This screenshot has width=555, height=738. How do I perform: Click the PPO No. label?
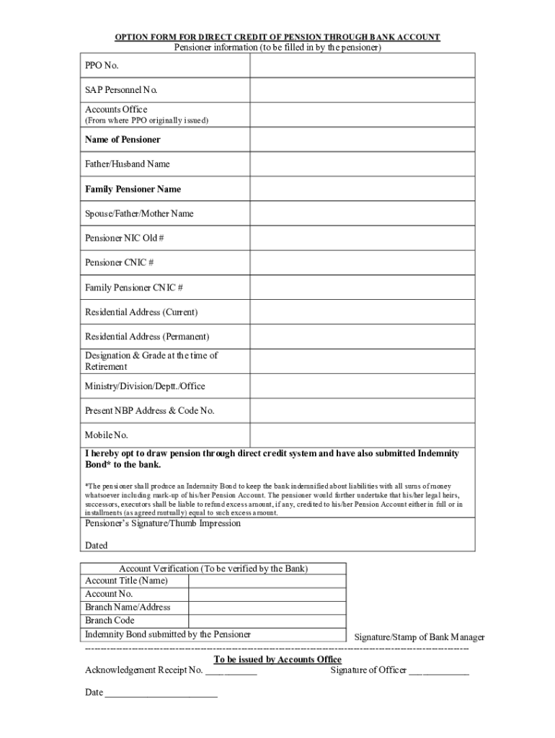(102, 66)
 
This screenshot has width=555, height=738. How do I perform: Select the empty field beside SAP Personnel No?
(362, 90)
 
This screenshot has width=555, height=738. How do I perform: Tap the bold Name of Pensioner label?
(123, 139)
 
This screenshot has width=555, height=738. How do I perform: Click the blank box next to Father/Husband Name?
(362, 164)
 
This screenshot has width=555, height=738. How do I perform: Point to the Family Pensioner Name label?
(133, 189)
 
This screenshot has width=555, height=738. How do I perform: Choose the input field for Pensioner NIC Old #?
(362, 238)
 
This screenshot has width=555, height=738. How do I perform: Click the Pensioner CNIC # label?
(119, 262)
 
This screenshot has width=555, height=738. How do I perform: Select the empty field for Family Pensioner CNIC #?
(362, 288)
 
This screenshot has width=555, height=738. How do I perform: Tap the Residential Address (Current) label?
(141, 312)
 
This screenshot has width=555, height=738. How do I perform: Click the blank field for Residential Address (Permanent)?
(362, 337)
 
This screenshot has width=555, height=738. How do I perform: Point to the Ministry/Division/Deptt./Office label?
(145, 386)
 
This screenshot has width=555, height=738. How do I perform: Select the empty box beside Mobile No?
(362, 435)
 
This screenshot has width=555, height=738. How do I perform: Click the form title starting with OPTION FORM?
(277, 37)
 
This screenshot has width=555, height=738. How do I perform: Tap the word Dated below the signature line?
(97, 546)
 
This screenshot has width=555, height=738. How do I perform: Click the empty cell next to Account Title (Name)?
(267, 581)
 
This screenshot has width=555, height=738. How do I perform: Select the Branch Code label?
(110, 621)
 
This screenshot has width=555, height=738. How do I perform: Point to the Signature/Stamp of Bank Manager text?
(419, 637)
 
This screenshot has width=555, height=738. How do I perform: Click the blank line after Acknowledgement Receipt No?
(231, 671)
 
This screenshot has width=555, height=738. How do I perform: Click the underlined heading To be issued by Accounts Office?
(277, 659)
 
